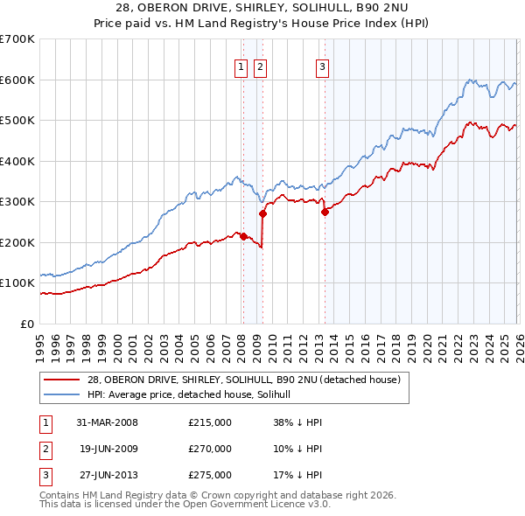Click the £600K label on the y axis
pos(17,80)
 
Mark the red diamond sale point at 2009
pos(262,213)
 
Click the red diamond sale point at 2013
pos(325,212)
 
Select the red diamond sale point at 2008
pos(243,236)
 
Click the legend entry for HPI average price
pos(194,395)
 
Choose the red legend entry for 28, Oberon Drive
pos(243,380)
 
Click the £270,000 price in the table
pos(210,449)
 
